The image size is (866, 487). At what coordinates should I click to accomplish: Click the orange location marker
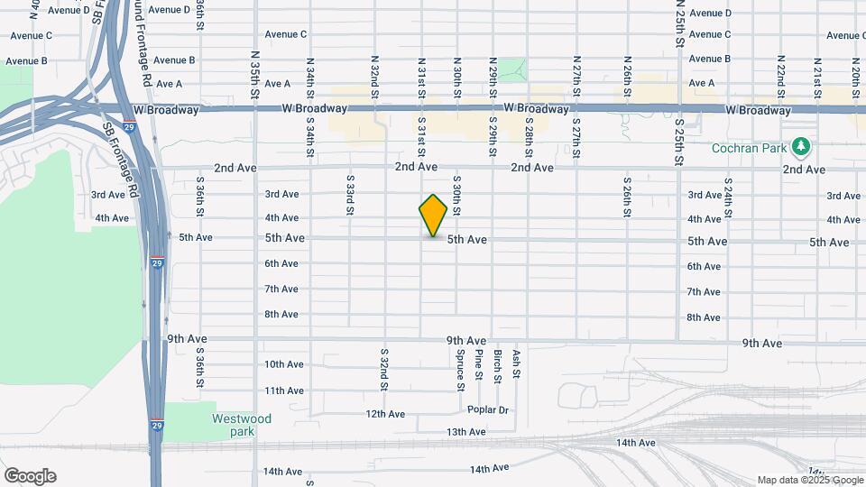click(x=433, y=215)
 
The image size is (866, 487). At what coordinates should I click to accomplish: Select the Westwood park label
click(x=242, y=425)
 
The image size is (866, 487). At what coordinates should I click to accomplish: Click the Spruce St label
click(x=460, y=371)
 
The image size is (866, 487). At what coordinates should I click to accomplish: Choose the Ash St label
click(x=516, y=364)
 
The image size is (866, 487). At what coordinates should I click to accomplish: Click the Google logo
click(x=30, y=476)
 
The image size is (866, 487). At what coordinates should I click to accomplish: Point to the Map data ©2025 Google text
click(x=809, y=480)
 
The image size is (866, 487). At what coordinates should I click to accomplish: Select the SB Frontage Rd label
click(x=120, y=161)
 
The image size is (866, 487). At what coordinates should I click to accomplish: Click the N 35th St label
click(x=255, y=80)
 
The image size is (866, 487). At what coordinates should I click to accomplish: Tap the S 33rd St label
click(x=350, y=195)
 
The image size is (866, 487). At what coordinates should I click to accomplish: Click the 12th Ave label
click(x=385, y=414)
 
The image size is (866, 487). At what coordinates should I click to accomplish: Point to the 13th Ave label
click(x=465, y=432)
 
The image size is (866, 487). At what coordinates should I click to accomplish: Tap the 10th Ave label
click(x=283, y=364)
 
